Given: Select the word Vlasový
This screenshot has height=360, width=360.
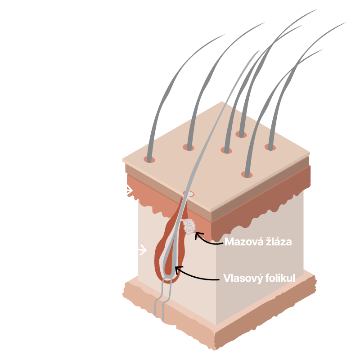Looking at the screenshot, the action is [x=243, y=278].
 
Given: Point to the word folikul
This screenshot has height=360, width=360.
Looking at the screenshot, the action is [x=280, y=278].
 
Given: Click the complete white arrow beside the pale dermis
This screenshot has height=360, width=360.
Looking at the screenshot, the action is [x=142, y=250].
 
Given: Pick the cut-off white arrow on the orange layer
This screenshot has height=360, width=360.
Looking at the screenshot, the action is [x=130, y=190].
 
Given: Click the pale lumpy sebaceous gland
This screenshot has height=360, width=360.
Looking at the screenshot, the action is [x=189, y=227].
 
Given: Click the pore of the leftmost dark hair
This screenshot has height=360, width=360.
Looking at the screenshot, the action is [x=149, y=159].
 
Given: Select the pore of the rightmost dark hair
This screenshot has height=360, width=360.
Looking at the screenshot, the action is [x=270, y=147].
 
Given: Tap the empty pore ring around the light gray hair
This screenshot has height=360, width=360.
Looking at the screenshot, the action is [x=189, y=194].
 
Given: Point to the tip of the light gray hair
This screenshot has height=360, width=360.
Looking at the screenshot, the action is [x=260, y=50].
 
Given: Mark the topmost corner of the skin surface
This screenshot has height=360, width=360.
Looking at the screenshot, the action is [x=222, y=102].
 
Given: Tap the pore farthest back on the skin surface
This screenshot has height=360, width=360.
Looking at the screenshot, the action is [x=241, y=134].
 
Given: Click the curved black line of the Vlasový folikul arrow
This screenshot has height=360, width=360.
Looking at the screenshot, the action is [x=195, y=277].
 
